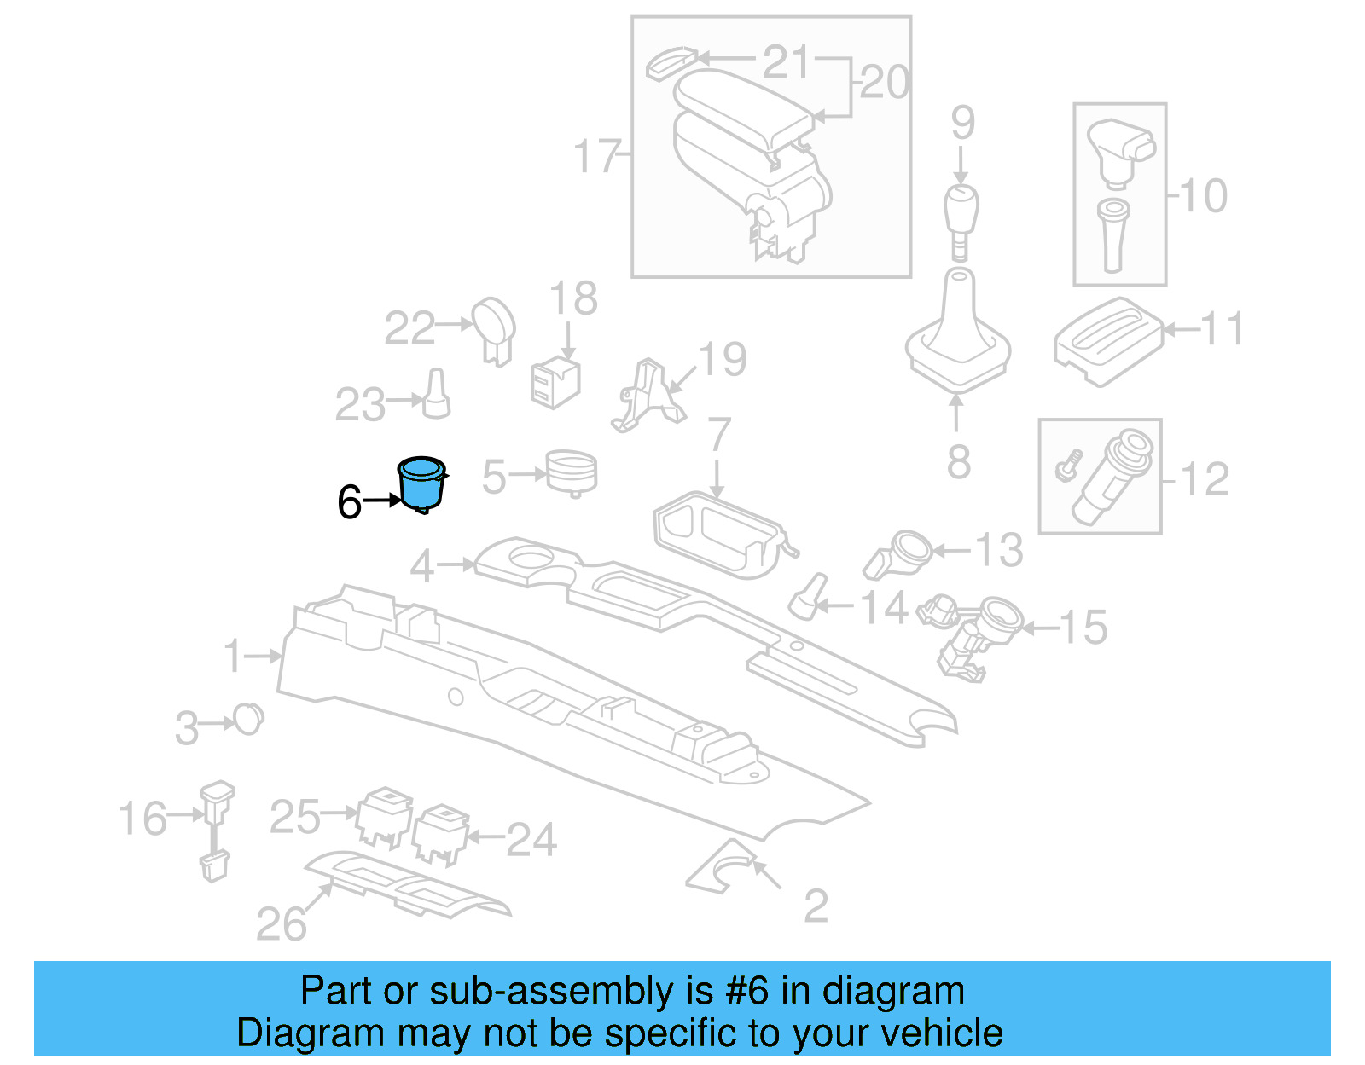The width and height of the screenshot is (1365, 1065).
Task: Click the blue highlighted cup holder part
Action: pyautogui.click(x=421, y=485)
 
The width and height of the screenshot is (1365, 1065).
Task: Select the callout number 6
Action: pyautogui.click(x=349, y=502)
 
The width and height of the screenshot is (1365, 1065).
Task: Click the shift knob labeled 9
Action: pyautogui.click(x=961, y=214)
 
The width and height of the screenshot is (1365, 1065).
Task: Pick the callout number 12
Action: pyautogui.click(x=1205, y=479)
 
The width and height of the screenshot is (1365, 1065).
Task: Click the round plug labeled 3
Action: pyautogui.click(x=248, y=720)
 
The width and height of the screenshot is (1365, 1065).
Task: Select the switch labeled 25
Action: pyautogui.click(x=384, y=815)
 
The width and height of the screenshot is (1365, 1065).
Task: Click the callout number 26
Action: pyautogui.click(x=282, y=924)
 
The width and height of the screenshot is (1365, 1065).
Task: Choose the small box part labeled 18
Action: pyautogui.click(x=555, y=383)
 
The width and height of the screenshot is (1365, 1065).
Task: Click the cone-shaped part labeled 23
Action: pyautogui.click(x=437, y=395)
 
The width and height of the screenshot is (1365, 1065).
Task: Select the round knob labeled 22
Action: pyautogui.click(x=494, y=327)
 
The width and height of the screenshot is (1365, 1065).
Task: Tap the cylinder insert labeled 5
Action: pyautogui.click(x=571, y=472)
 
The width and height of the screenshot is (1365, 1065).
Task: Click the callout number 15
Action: pyautogui.click(x=1083, y=628)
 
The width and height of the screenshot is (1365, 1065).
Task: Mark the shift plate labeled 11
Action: pyautogui.click(x=1107, y=340)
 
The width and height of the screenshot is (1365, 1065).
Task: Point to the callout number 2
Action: pyautogui.click(x=816, y=906)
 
